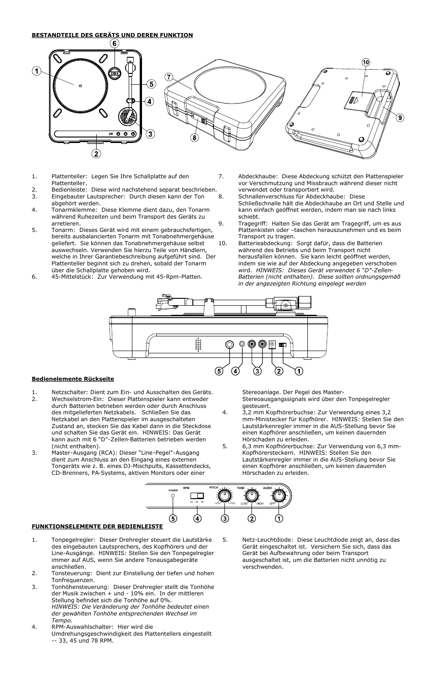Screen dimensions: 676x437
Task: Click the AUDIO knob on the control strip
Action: pyautogui.click(x=278, y=495)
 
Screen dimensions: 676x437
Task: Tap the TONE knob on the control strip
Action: pyautogui.click(x=251, y=495)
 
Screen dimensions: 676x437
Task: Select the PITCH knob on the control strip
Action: pyautogui.click(x=224, y=495)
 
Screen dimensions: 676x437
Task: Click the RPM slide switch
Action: pyautogui.click(x=197, y=495)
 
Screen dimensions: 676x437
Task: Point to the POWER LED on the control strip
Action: pyautogui.click(x=173, y=496)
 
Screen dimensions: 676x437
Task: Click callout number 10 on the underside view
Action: pyautogui.click(x=366, y=62)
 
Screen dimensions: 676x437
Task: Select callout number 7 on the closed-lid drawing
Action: pyautogui.click(x=169, y=77)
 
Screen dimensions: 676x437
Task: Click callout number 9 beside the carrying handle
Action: pyautogui.click(x=400, y=118)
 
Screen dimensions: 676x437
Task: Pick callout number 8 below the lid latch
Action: pyautogui.click(x=195, y=137)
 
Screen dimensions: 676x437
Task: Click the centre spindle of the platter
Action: pyautogui.click(x=80, y=86)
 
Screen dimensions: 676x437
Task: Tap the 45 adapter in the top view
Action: pyautogui.click(x=115, y=73)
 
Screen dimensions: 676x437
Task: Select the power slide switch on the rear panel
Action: pyautogui.click(x=282, y=346)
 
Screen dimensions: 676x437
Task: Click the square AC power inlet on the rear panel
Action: pyautogui.click(x=272, y=345)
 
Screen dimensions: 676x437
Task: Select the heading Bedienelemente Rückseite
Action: pyautogui.click(x=72, y=379)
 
